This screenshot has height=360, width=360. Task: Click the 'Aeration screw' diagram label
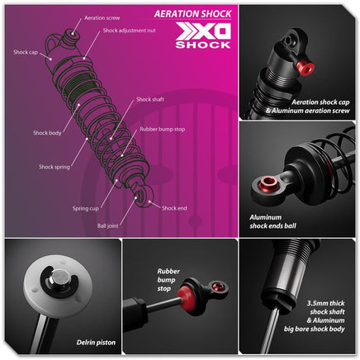[102, 18]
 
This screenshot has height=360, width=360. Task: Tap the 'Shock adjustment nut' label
[129, 31]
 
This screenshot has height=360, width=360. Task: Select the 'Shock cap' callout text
[26, 52]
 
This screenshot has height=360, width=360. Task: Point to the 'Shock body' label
[47, 133]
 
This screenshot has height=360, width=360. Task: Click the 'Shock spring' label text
[54, 167]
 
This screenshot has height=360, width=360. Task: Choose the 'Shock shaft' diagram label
[150, 99]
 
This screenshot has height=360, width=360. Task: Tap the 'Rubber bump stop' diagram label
[163, 129]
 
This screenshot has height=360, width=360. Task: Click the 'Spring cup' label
[85, 208]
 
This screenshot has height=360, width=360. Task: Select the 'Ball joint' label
[107, 226]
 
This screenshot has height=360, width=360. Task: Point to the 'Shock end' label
[174, 208]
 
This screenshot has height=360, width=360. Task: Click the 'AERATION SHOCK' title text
[193, 14]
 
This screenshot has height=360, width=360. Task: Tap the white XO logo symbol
[203, 31]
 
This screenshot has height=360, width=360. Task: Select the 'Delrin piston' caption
[96, 343]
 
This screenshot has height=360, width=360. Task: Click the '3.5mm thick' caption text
[326, 303]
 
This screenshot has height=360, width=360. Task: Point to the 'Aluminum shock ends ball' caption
[272, 221]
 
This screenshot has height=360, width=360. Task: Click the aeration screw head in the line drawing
[73, 34]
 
